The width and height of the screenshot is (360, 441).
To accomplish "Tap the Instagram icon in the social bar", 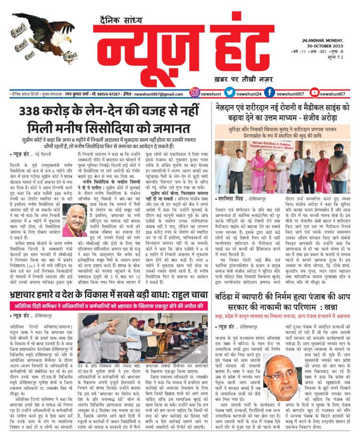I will [195, 93].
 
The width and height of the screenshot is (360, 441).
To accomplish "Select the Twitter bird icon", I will [230, 93].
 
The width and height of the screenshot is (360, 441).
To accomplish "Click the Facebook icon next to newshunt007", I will [269, 93].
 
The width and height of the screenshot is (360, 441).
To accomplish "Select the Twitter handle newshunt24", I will [248, 94].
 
